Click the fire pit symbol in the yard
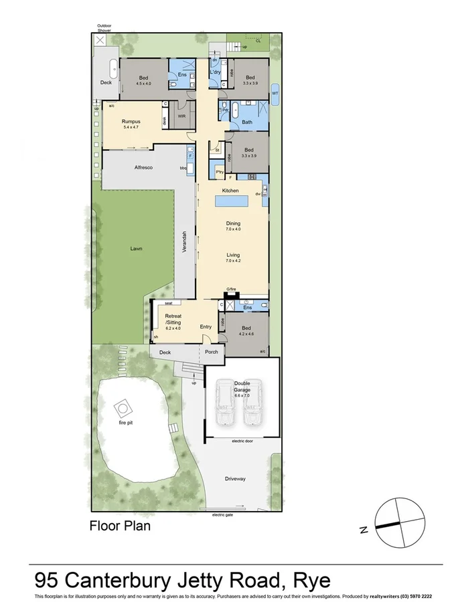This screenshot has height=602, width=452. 123,407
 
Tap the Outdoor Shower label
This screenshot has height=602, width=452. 104,28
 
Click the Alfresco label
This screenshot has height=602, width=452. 144,167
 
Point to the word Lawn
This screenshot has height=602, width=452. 137,249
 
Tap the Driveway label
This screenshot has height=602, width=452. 235,478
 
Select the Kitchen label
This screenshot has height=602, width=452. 230,191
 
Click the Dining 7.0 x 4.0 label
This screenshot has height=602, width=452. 232,225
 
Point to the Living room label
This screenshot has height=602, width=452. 232,258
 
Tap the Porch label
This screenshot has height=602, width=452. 211,352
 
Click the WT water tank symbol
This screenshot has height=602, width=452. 275,94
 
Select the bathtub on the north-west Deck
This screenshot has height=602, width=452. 113,68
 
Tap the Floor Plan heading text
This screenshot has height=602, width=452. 120,526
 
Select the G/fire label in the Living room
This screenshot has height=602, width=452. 232,290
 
